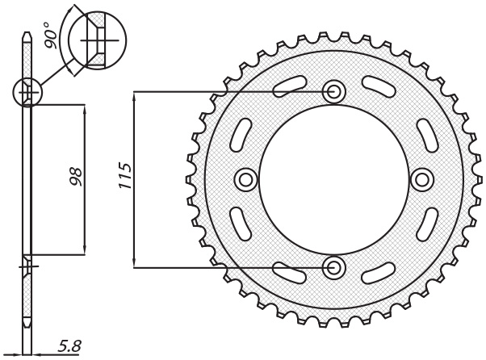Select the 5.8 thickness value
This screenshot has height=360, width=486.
pyautogui.click(x=69, y=346)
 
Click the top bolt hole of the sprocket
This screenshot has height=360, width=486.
pyautogui.click(x=333, y=92)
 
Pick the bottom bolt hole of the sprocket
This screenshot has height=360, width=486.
pyautogui.click(x=333, y=266)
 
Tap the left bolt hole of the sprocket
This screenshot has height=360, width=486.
pyautogui.click(x=245, y=178)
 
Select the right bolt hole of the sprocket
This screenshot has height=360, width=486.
pyautogui.click(x=421, y=178)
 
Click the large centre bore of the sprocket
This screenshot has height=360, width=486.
pyautogui.click(x=333, y=179)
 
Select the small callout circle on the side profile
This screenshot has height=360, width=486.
pyautogui.click(x=27, y=93)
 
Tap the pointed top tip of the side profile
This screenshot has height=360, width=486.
pyautogui.click(x=27, y=31)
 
